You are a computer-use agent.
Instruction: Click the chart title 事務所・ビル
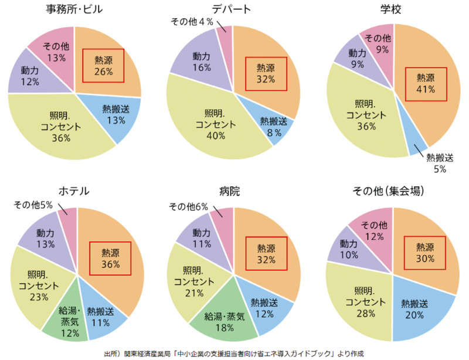74,9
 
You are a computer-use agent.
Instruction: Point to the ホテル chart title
74,191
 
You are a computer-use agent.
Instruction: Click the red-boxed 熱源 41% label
425,83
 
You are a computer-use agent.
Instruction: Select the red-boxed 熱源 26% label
104,66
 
